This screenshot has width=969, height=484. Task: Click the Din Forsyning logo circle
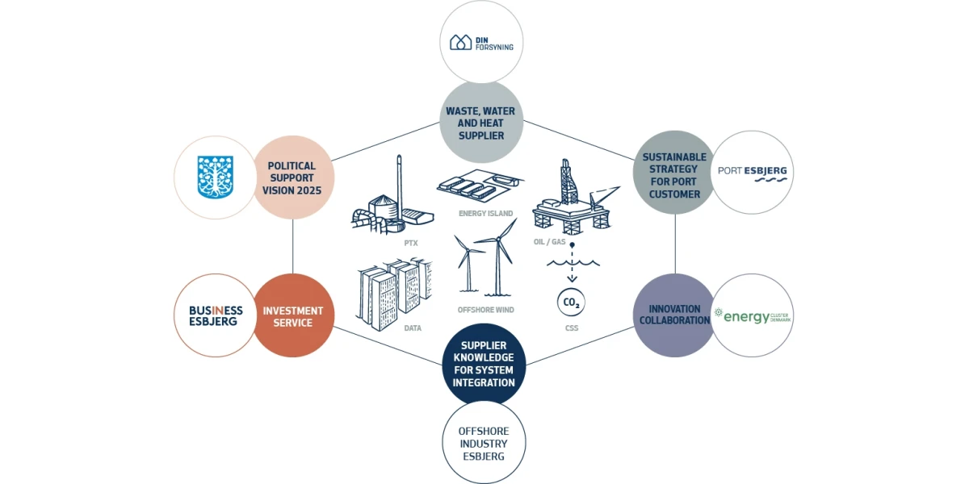click(481, 42)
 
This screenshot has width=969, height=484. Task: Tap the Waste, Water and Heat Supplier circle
click(481, 123)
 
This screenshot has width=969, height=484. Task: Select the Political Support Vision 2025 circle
click(292, 178)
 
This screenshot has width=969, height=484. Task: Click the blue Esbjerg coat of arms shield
click(216, 177)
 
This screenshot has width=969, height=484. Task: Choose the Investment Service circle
click(292, 316)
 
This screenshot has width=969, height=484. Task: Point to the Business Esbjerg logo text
click(216, 315)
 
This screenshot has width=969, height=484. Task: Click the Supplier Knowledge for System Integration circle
click(484, 365)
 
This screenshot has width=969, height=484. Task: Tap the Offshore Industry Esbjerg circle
click(484, 444)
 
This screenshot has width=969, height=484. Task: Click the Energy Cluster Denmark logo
click(752, 316)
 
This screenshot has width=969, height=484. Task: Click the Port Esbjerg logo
click(752, 173)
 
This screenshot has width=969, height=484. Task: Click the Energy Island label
click(486, 214)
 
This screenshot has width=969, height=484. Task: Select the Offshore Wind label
click(486, 310)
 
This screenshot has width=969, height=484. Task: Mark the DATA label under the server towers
click(412, 328)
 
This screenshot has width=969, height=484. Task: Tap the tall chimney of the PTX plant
click(399, 182)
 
